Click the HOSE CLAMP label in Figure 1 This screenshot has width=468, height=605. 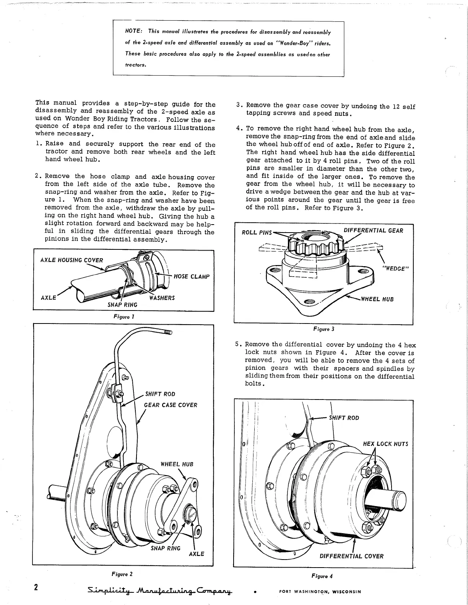(192, 277)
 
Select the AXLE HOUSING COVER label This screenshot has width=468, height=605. (71, 260)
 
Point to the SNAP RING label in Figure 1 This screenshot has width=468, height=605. (123, 304)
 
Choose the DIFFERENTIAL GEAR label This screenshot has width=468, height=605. (373, 230)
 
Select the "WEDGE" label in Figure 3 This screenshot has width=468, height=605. (396, 269)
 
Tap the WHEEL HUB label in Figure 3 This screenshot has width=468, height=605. (377, 299)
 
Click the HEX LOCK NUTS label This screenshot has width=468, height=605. (385, 444)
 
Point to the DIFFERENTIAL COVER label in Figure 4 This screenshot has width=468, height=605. (351, 556)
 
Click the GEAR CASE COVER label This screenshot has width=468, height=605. (170, 405)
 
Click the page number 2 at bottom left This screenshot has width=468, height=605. (36, 587)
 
